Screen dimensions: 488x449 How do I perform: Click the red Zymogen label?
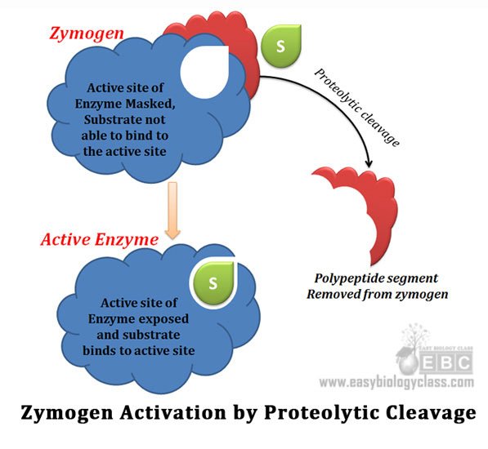tap(87, 33)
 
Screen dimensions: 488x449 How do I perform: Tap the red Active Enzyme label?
tap(100, 239)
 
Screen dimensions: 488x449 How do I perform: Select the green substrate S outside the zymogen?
tap(281, 46)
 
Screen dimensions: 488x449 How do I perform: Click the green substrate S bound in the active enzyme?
tap(213, 282)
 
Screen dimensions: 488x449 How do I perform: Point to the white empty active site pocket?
tap(205, 73)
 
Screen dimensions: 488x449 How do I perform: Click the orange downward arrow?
tap(172, 211)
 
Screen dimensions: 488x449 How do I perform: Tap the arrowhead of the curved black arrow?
tap(369, 164)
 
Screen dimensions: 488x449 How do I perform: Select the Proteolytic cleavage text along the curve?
tap(356, 107)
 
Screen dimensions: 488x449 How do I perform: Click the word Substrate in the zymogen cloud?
tap(105, 120)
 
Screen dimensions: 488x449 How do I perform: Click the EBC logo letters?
tap(446, 362)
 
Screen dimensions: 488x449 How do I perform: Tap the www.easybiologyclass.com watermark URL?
tap(396, 382)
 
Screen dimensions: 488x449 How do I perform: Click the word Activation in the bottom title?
tap(173, 412)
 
